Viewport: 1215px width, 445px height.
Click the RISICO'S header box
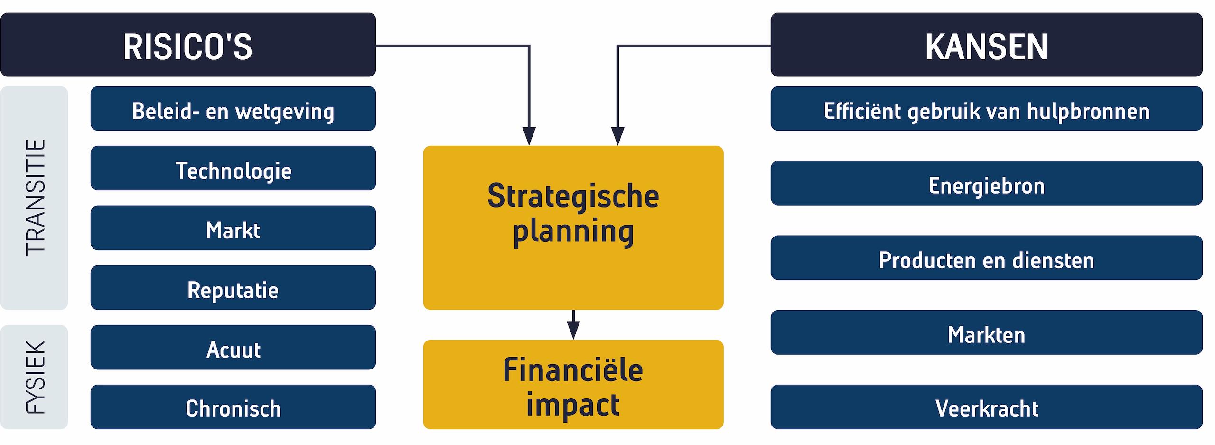[x=188, y=45]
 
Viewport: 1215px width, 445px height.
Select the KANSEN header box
[x=986, y=45]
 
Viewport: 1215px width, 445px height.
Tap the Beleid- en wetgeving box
[x=233, y=109]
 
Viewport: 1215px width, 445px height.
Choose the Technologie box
[x=233, y=168]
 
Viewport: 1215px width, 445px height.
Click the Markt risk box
[x=233, y=228]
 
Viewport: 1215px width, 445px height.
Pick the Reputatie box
[x=233, y=288]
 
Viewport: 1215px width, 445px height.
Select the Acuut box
[x=233, y=347]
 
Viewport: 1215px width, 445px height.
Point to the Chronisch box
[x=233, y=407]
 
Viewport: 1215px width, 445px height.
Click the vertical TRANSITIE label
[x=35, y=198]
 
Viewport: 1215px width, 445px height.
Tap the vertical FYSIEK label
[x=35, y=377]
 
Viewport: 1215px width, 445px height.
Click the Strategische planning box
[x=573, y=228]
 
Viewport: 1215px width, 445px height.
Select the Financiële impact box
[x=573, y=385]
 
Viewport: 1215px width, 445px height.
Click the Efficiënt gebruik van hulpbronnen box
[x=986, y=109]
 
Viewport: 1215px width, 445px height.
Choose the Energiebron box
[x=986, y=183]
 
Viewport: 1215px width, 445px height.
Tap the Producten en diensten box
[x=986, y=258]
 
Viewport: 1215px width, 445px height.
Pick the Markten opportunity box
[x=986, y=332]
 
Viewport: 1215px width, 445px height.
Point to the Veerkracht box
[x=986, y=407]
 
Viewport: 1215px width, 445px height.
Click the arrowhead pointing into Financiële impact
[x=573, y=331]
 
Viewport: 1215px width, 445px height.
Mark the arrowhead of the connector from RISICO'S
[x=529, y=136]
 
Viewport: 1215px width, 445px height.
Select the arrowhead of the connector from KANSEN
[x=617, y=136]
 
